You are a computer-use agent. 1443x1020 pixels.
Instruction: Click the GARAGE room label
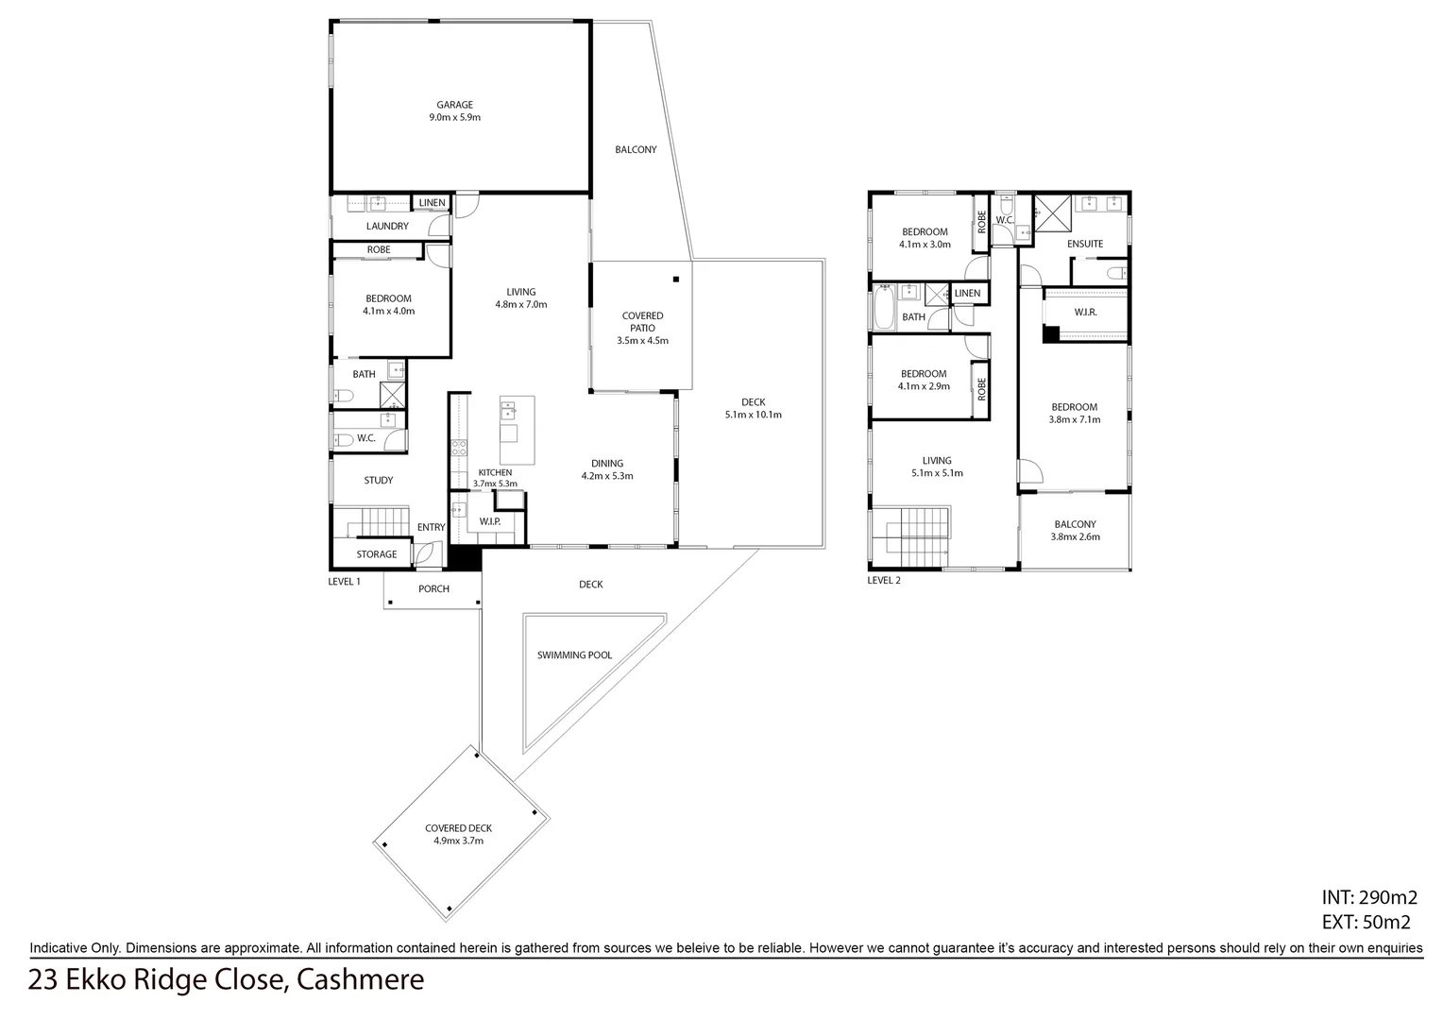[454, 105]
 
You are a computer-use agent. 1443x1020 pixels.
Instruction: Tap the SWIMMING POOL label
[574, 654]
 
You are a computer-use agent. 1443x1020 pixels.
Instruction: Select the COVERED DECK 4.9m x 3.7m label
[458, 834]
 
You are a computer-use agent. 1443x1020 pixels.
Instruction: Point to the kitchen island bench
[517, 430]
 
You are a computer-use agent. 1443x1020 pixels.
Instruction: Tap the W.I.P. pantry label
[489, 521]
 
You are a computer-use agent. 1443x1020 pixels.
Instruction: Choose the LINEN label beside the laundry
[432, 203]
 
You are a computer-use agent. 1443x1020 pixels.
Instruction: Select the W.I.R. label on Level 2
[1085, 313]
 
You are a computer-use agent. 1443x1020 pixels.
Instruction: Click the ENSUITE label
[1084, 244]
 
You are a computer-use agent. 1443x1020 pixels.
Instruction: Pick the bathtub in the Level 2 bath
[884, 309]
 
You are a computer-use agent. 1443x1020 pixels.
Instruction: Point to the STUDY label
[378, 481]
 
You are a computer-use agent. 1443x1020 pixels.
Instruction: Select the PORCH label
[433, 589]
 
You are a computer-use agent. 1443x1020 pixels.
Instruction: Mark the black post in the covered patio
[676, 279]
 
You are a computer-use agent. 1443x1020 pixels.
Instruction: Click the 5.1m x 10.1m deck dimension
[753, 415]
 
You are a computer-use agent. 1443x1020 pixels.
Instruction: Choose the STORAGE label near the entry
[376, 554]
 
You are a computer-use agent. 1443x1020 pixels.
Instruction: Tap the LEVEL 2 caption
[884, 581]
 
